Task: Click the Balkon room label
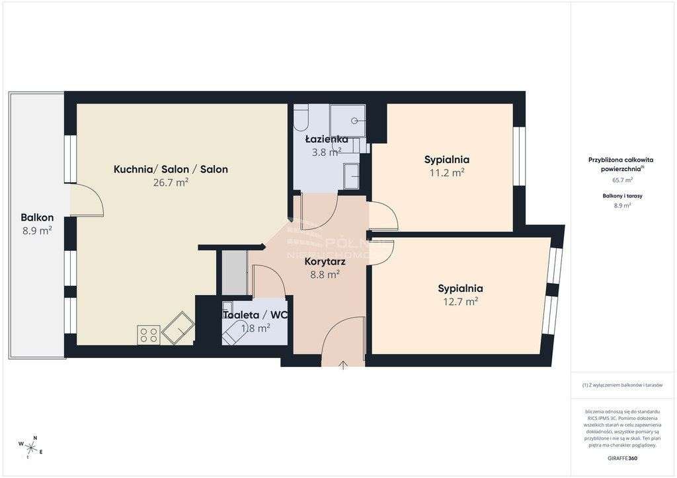point(37,217)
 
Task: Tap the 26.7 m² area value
point(171,184)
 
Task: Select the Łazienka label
point(327,139)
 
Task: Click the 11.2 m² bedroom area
point(447,173)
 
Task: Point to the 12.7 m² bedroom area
point(460,302)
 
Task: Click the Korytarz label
point(325,261)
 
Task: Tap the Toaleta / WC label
point(255,315)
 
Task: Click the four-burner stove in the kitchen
point(149,335)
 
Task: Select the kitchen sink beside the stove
point(178,326)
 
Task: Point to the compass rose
point(30,446)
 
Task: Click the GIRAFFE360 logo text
point(622,458)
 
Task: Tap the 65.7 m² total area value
point(622,180)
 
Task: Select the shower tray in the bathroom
point(348,120)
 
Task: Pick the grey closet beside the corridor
point(234,272)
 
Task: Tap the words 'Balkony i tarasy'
point(622,196)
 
